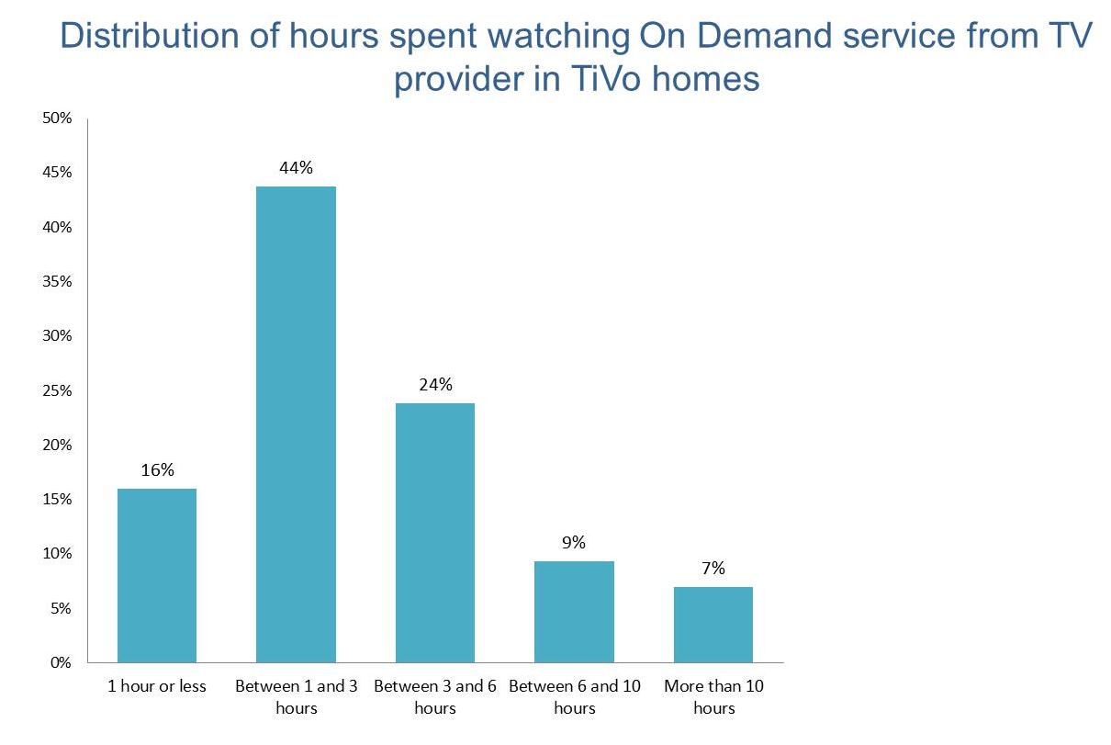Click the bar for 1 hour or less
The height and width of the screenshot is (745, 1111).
pyautogui.click(x=157, y=575)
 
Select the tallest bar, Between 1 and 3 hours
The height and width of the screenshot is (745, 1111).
pyautogui.click(x=296, y=424)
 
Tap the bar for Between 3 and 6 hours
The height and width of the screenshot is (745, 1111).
pyautogui.click(x=435, y=533)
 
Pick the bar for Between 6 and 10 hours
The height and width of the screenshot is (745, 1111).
pyautogui.click(x=575, y=612)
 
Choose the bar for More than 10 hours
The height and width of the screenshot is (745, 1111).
pyautogui.click(x=713, y=625)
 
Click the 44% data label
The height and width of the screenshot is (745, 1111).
pyautogui.click(x=296, y=168)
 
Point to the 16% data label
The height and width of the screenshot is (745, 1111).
pyautogui.click(x=157, y=470)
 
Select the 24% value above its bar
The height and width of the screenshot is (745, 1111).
pyautogui.click(x=435, y=385)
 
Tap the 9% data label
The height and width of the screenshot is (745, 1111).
pyautogui.click(x=574, y=543)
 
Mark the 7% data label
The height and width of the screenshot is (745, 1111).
pyautogui.click(x=713, y=569)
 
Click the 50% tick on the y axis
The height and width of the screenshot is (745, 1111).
pyautogui.click(x=57, y=119)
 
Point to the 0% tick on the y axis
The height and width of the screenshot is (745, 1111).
pyautogui.click(x=61, y=662)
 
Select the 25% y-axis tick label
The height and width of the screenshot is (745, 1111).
pyautogui.click(x=57, y=390)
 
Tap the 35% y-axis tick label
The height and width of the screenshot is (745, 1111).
pyautogui.click(x=57, y=282)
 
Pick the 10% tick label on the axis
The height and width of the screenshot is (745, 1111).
pyautogui.click(x=57, y=554)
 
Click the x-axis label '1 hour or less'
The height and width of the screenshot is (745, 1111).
pyautogui.click(x=157, y=686)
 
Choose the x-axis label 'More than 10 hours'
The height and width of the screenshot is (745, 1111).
pyautogui.click(x=713, y=696)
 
